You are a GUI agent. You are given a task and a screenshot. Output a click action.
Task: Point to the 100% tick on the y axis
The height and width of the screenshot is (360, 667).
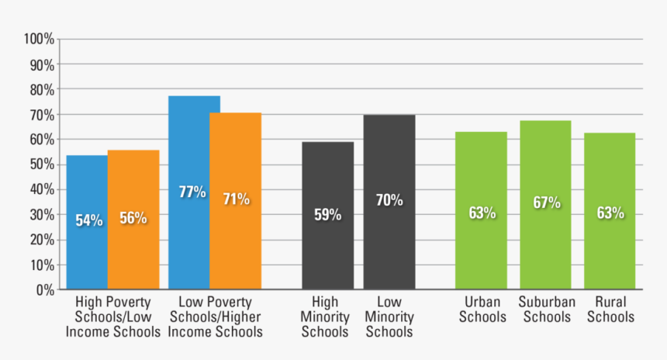(x=39, y=40)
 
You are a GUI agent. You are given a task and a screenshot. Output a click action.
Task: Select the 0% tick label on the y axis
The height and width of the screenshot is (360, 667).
(x=44, y=290)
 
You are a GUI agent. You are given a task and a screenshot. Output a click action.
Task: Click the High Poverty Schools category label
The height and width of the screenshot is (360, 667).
(x=112, y=317)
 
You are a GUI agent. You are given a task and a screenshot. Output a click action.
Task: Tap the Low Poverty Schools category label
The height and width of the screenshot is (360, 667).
(x=216, y=317)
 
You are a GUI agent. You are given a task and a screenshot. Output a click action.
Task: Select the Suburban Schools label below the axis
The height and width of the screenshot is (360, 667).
(x=546, y=309)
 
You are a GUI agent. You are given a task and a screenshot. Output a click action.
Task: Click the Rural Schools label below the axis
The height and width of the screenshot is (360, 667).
(x=610, y=309)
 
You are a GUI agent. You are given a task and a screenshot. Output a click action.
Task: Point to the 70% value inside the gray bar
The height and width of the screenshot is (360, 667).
(x=389, y=200)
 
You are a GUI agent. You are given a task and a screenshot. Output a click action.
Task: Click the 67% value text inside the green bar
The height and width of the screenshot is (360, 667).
(x=546, y=203)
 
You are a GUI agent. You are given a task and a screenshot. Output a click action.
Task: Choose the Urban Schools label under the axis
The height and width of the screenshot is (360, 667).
(x=481, y=309)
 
